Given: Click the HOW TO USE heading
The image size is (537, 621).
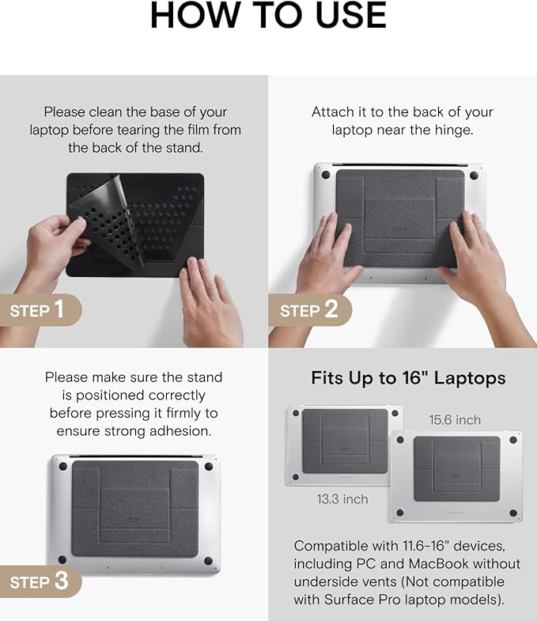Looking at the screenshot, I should pos(268,15).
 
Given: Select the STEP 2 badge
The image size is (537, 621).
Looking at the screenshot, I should pos(309,310).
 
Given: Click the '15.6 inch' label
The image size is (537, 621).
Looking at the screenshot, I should pos(455,420).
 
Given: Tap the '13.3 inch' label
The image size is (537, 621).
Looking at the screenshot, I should pos(342,499).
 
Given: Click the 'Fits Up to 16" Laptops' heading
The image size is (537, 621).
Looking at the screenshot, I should pos(408,378).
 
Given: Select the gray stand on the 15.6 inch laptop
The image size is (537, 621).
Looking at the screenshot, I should pos(456,469).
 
